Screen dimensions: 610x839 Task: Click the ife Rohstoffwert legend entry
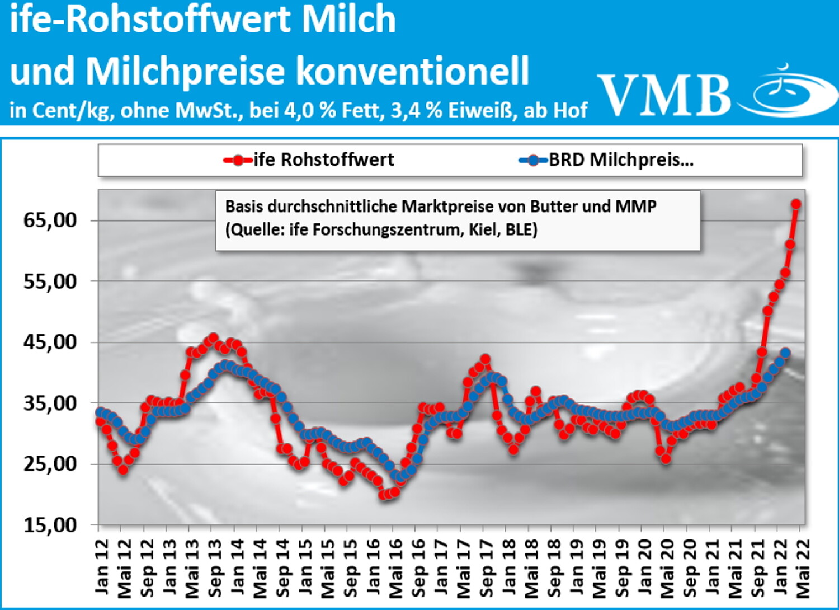pyautogui.click(x=309, y=160)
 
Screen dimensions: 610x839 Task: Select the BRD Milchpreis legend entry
pyautogui.click(x=607, y=160)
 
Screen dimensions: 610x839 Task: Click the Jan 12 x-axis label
pyautogui.click(x=102, y=566)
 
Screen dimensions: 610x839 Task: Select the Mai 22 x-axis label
pyautogui.click(x=803, y=566)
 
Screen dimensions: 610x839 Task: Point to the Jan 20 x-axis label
pyautogui.click(x=644, y=566)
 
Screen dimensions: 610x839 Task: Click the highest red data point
pyautogui.click(x=795, y=204)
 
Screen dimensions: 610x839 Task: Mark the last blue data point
pyautogui.click(x=785, y=353)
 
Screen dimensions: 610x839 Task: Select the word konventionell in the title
pyautogui.click(x=412, y=71)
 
